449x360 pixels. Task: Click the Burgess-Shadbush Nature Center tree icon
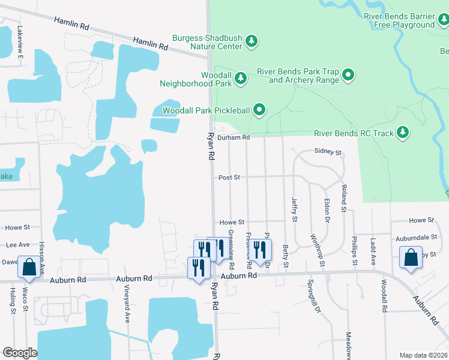pyautogui.click(x=253, y=41)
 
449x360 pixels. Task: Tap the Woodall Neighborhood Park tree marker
pyautogui.click(x=241, y=78)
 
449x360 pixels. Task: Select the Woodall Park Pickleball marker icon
pyautogui.click(x=259, y=109)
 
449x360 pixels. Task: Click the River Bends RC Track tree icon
pyautogui.click(x=403, y=131)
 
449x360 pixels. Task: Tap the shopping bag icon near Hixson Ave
pyautogui.click(x=29, y=268)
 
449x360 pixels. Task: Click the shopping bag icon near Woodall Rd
pyautogui.click(x=411, y=258)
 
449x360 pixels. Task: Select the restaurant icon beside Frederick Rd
pyautogui.click(x=259, y=250)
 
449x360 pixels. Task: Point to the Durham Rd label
pyautogui.click(x=233, y=137)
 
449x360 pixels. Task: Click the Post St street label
pyautogui.click(x=229, y=178)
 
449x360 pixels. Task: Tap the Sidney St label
pyautogui.click(x=328, y=153)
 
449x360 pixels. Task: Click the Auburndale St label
pyautogui.click(x=413, y=238)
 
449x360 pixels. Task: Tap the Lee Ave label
pyautogui.click(x=17, y=245)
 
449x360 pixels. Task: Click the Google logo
pyautogui.click(x=20, y=353)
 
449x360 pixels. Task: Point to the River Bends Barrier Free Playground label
pyautogui.click(x=403, y=20)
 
